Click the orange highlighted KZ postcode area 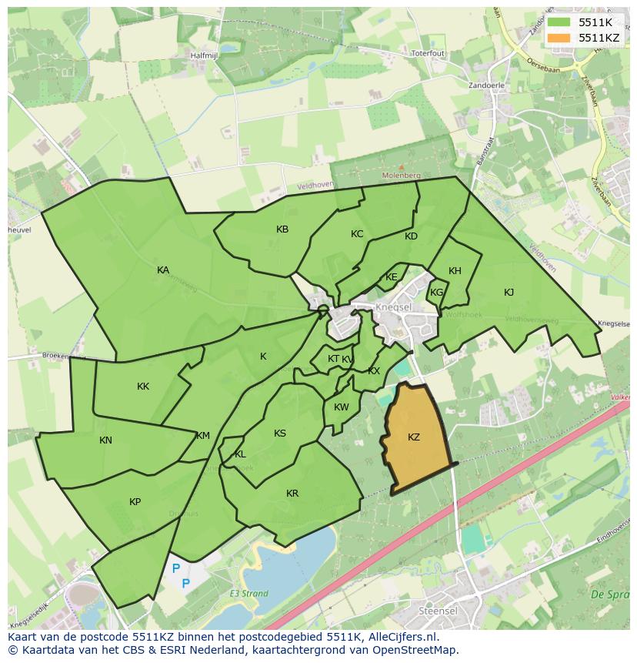coord(415,439)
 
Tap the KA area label coord(163,270)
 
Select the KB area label coord(282,229)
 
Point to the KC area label coord(357,234)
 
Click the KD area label coord(411,236)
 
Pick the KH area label coord(455,271)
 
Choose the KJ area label coord(509,293)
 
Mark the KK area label coord(143,387)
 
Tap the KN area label coord(105,440)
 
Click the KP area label coord(135,502)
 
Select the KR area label coord(292,494)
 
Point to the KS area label coord(280,434)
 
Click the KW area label coord(342,407)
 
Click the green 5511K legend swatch coord(559,22)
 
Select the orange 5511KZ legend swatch coord(559,37)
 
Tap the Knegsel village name coord(395,306)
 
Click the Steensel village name coord(438,611)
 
